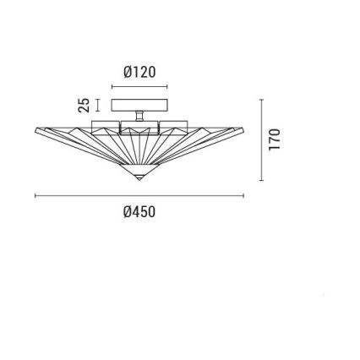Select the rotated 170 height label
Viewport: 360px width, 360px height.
pos(274,139)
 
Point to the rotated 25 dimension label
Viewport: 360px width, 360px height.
pos(84,105)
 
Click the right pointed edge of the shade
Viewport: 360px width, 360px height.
pos(243,129)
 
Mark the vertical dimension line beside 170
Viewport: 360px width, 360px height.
pos(261,139)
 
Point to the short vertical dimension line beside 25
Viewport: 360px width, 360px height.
pos(97,105)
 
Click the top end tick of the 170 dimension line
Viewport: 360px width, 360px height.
pos(261,99)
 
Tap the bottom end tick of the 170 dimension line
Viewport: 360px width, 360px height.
pos(261,179)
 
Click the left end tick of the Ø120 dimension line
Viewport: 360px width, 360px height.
pos(112,87)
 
